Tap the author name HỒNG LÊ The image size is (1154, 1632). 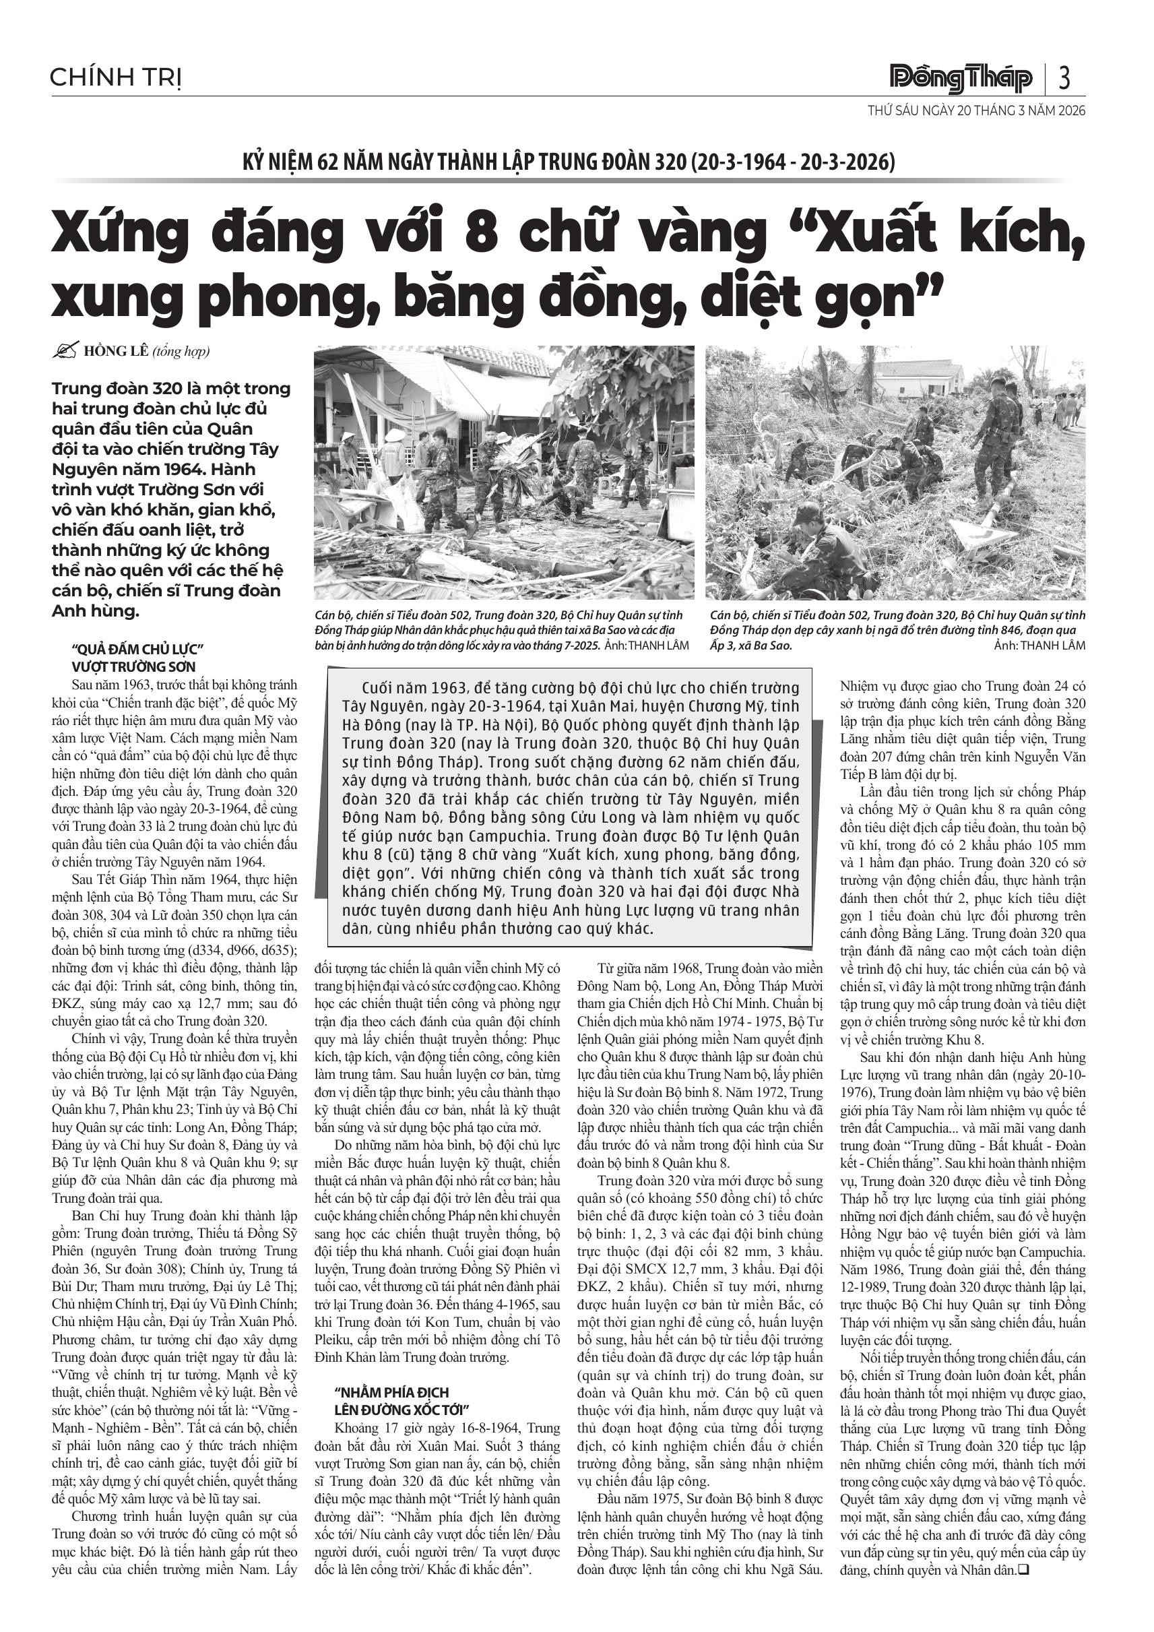tap(107, 351)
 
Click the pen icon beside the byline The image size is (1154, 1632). tap(65, 350)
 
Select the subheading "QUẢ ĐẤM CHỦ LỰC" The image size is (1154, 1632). tap(138, 648)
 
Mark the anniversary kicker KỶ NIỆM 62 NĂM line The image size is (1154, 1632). tap(569, 162)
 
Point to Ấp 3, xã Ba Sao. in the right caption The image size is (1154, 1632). tap(750, 646)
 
